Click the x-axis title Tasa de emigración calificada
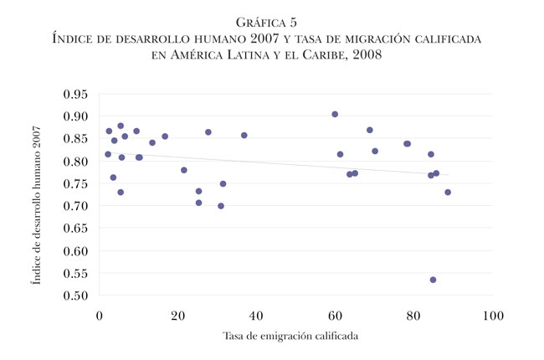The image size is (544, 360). coord(295,337)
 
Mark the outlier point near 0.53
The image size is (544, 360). coord(433,280)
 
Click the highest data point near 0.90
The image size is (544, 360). coord(335,114)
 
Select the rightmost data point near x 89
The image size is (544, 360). coord(448,193)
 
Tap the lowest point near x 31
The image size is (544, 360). coord(221,206)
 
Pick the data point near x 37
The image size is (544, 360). coord(244,135)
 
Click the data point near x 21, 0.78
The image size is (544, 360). coord(184,170)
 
